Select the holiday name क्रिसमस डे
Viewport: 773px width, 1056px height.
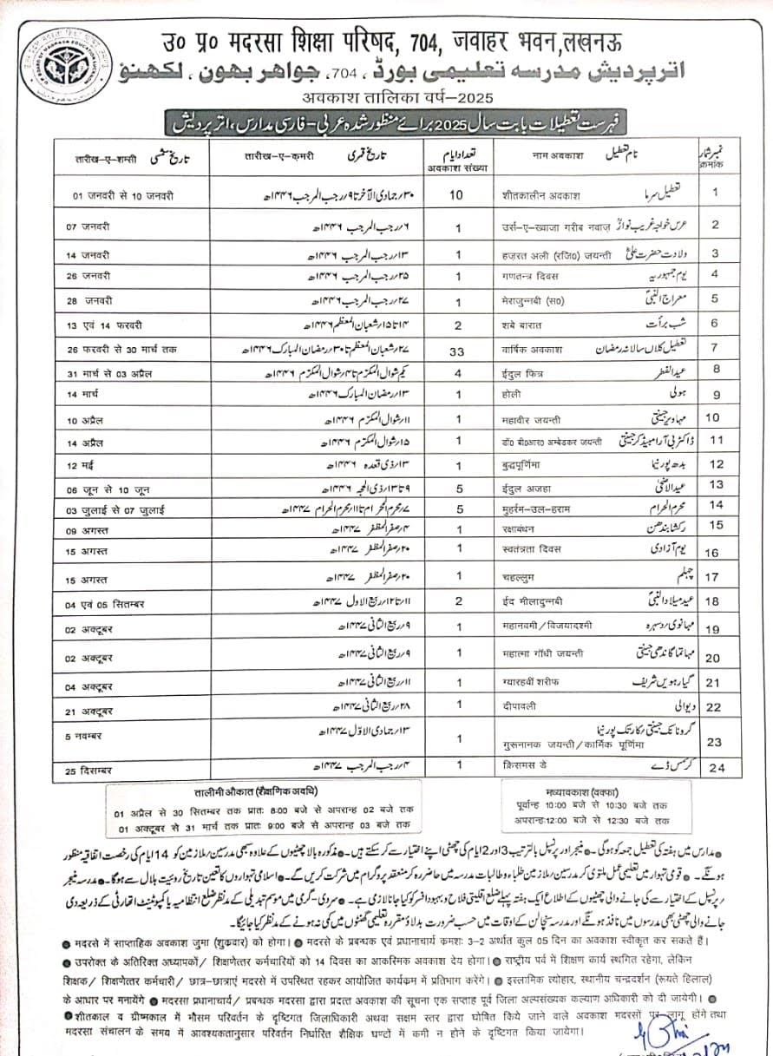(x=528, y=764)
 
